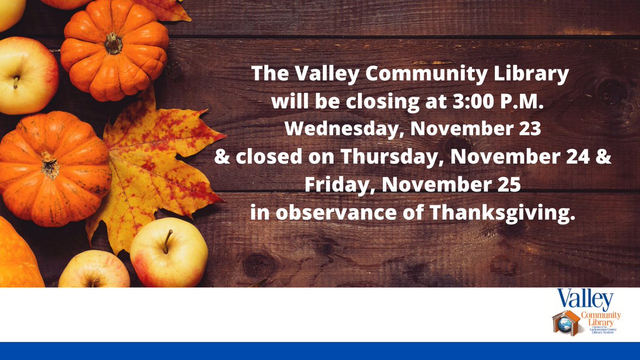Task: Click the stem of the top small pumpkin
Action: (113, 43)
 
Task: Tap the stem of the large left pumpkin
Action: (50, 165)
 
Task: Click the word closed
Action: (267, 157)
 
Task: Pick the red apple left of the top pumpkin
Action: (24, 75)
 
